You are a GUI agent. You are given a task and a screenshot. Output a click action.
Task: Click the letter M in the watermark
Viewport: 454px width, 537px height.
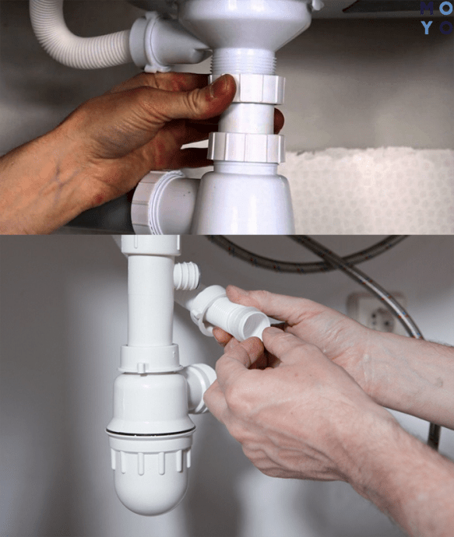tap(427, 9)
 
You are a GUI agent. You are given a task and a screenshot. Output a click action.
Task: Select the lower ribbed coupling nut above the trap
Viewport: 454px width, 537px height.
tap(246, 148)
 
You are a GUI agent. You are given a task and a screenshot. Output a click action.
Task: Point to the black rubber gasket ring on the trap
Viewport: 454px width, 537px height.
tap(150, 432)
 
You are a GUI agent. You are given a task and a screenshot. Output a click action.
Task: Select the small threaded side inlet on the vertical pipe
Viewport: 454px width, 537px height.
tap(186, 276)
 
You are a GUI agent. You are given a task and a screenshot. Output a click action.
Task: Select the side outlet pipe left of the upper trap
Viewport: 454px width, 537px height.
tap(164, 202)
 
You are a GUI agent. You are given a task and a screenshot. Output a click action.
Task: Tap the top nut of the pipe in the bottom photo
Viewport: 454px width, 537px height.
tap(151, 244)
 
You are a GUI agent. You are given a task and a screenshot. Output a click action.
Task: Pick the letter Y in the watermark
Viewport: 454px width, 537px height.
tap(427, 27)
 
